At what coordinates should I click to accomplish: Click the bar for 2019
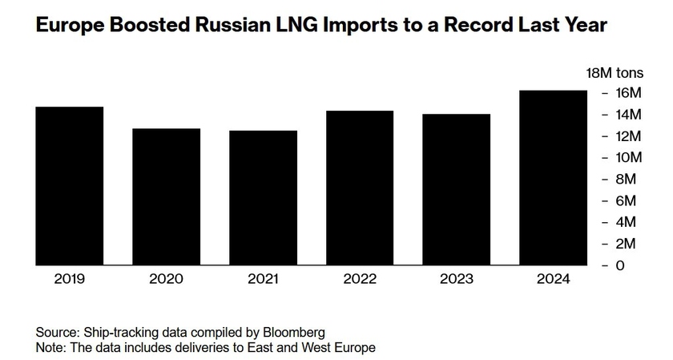[70, 186]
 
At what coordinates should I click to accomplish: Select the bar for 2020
[167, 196]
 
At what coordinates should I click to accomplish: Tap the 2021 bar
[264, 198]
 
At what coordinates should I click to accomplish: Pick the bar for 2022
[360, 188]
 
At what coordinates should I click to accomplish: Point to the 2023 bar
[457, 189]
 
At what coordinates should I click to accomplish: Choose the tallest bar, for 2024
[554, 177]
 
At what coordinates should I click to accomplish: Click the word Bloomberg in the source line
[296, 332]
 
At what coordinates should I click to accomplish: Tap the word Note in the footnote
[50, 347]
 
